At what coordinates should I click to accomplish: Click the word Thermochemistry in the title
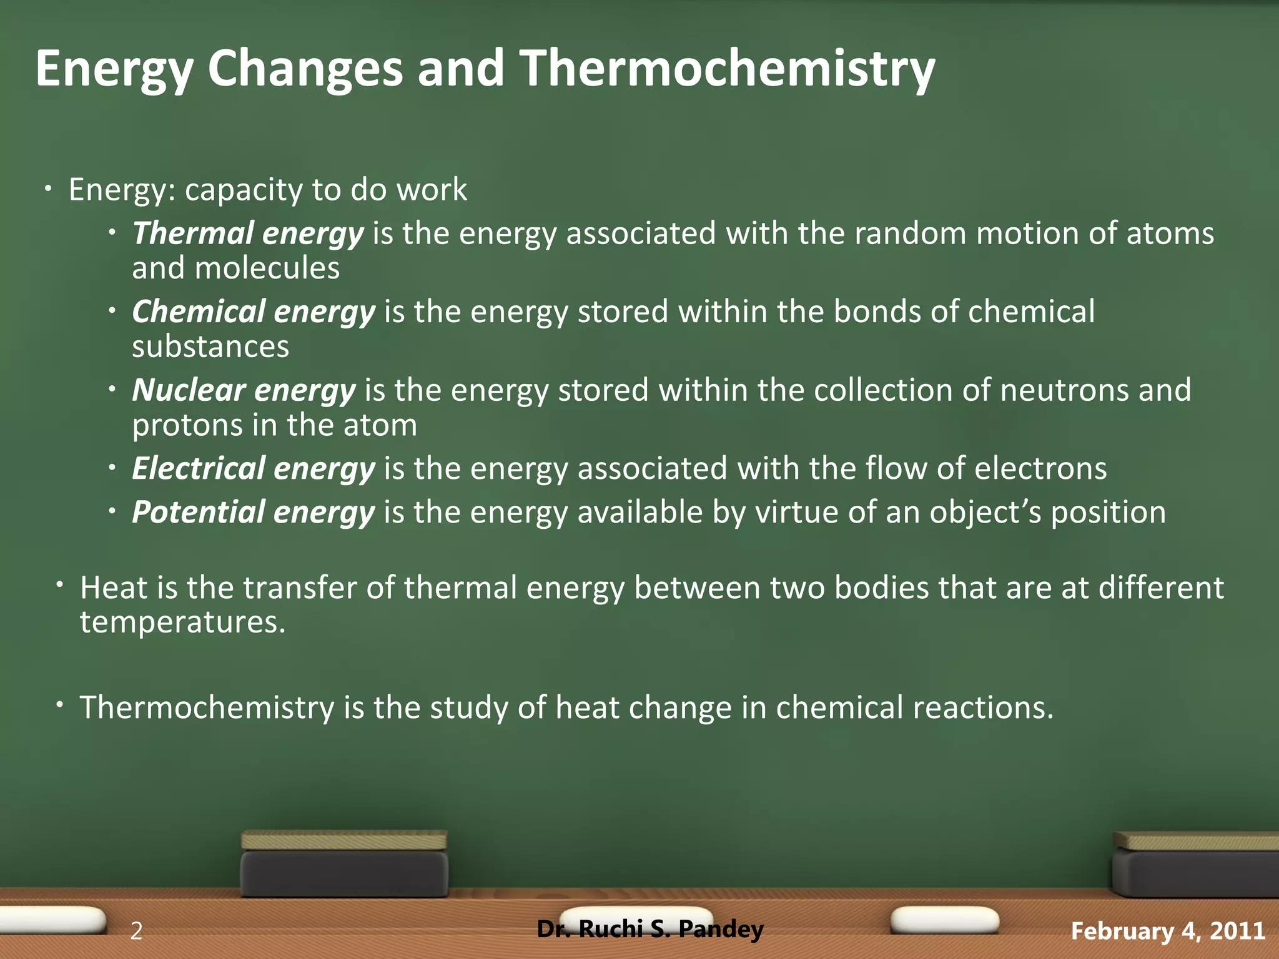[x=727, y=69]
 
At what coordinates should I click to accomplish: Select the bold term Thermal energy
[x=247, y=234]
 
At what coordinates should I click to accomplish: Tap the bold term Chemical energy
[x=254, y=312]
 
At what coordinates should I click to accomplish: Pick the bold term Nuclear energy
[x=244, y=390]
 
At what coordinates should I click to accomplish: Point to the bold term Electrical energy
[x=254, y=468]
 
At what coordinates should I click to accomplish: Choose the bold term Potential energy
[x=254, y=512]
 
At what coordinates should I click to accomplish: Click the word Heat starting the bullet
[x=114, y=588]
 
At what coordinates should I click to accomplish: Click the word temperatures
[x=182, y=622]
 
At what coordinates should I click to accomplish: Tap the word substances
[x=210, y=347]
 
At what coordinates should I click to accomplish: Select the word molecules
[x=267, y=269]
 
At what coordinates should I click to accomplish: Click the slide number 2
[x=136, y=931]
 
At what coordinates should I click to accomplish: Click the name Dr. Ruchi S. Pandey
[x=650, y=929]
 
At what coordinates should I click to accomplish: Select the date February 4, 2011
[x=1168, y=931]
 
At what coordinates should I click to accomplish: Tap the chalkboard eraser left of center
[x=344, y=865]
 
